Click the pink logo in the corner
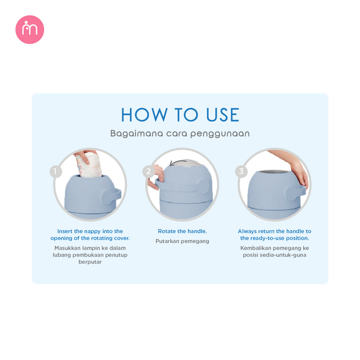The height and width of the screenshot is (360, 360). [x=30, y=30]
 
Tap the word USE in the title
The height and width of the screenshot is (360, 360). [x=223, y=115]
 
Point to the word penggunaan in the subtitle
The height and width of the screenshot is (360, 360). [x=220, y=134]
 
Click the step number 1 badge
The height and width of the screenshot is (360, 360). [x=56, y=171]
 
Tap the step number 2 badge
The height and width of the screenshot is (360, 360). [x=148, y=171]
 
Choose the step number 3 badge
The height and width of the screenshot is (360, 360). [x=241, y=171]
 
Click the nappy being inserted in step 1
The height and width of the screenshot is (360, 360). [x=89, y=166]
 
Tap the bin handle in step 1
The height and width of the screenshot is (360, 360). [x=111, y=196]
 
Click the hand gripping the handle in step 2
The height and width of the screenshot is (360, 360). [x=156, y=177]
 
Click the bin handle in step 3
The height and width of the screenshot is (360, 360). [x=296, y=193]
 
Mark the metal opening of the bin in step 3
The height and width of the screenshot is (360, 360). [x=275, y=172]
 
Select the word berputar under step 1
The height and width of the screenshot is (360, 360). [x=90, y=262]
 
